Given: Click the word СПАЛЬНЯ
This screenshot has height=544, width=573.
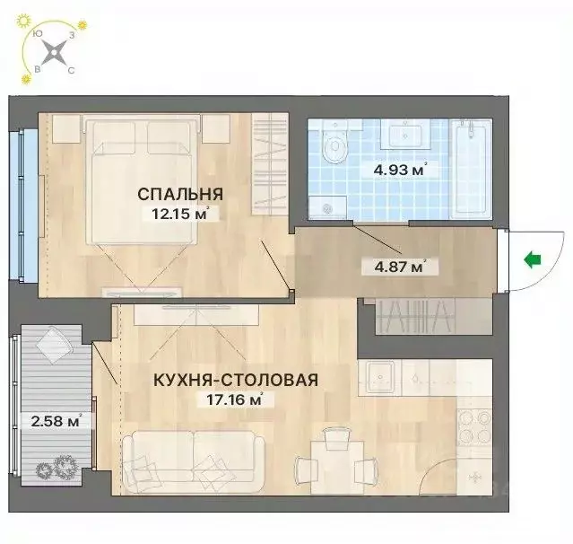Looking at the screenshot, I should tap(179, 194).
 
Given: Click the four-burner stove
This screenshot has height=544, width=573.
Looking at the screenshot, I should tap(472, 429).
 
